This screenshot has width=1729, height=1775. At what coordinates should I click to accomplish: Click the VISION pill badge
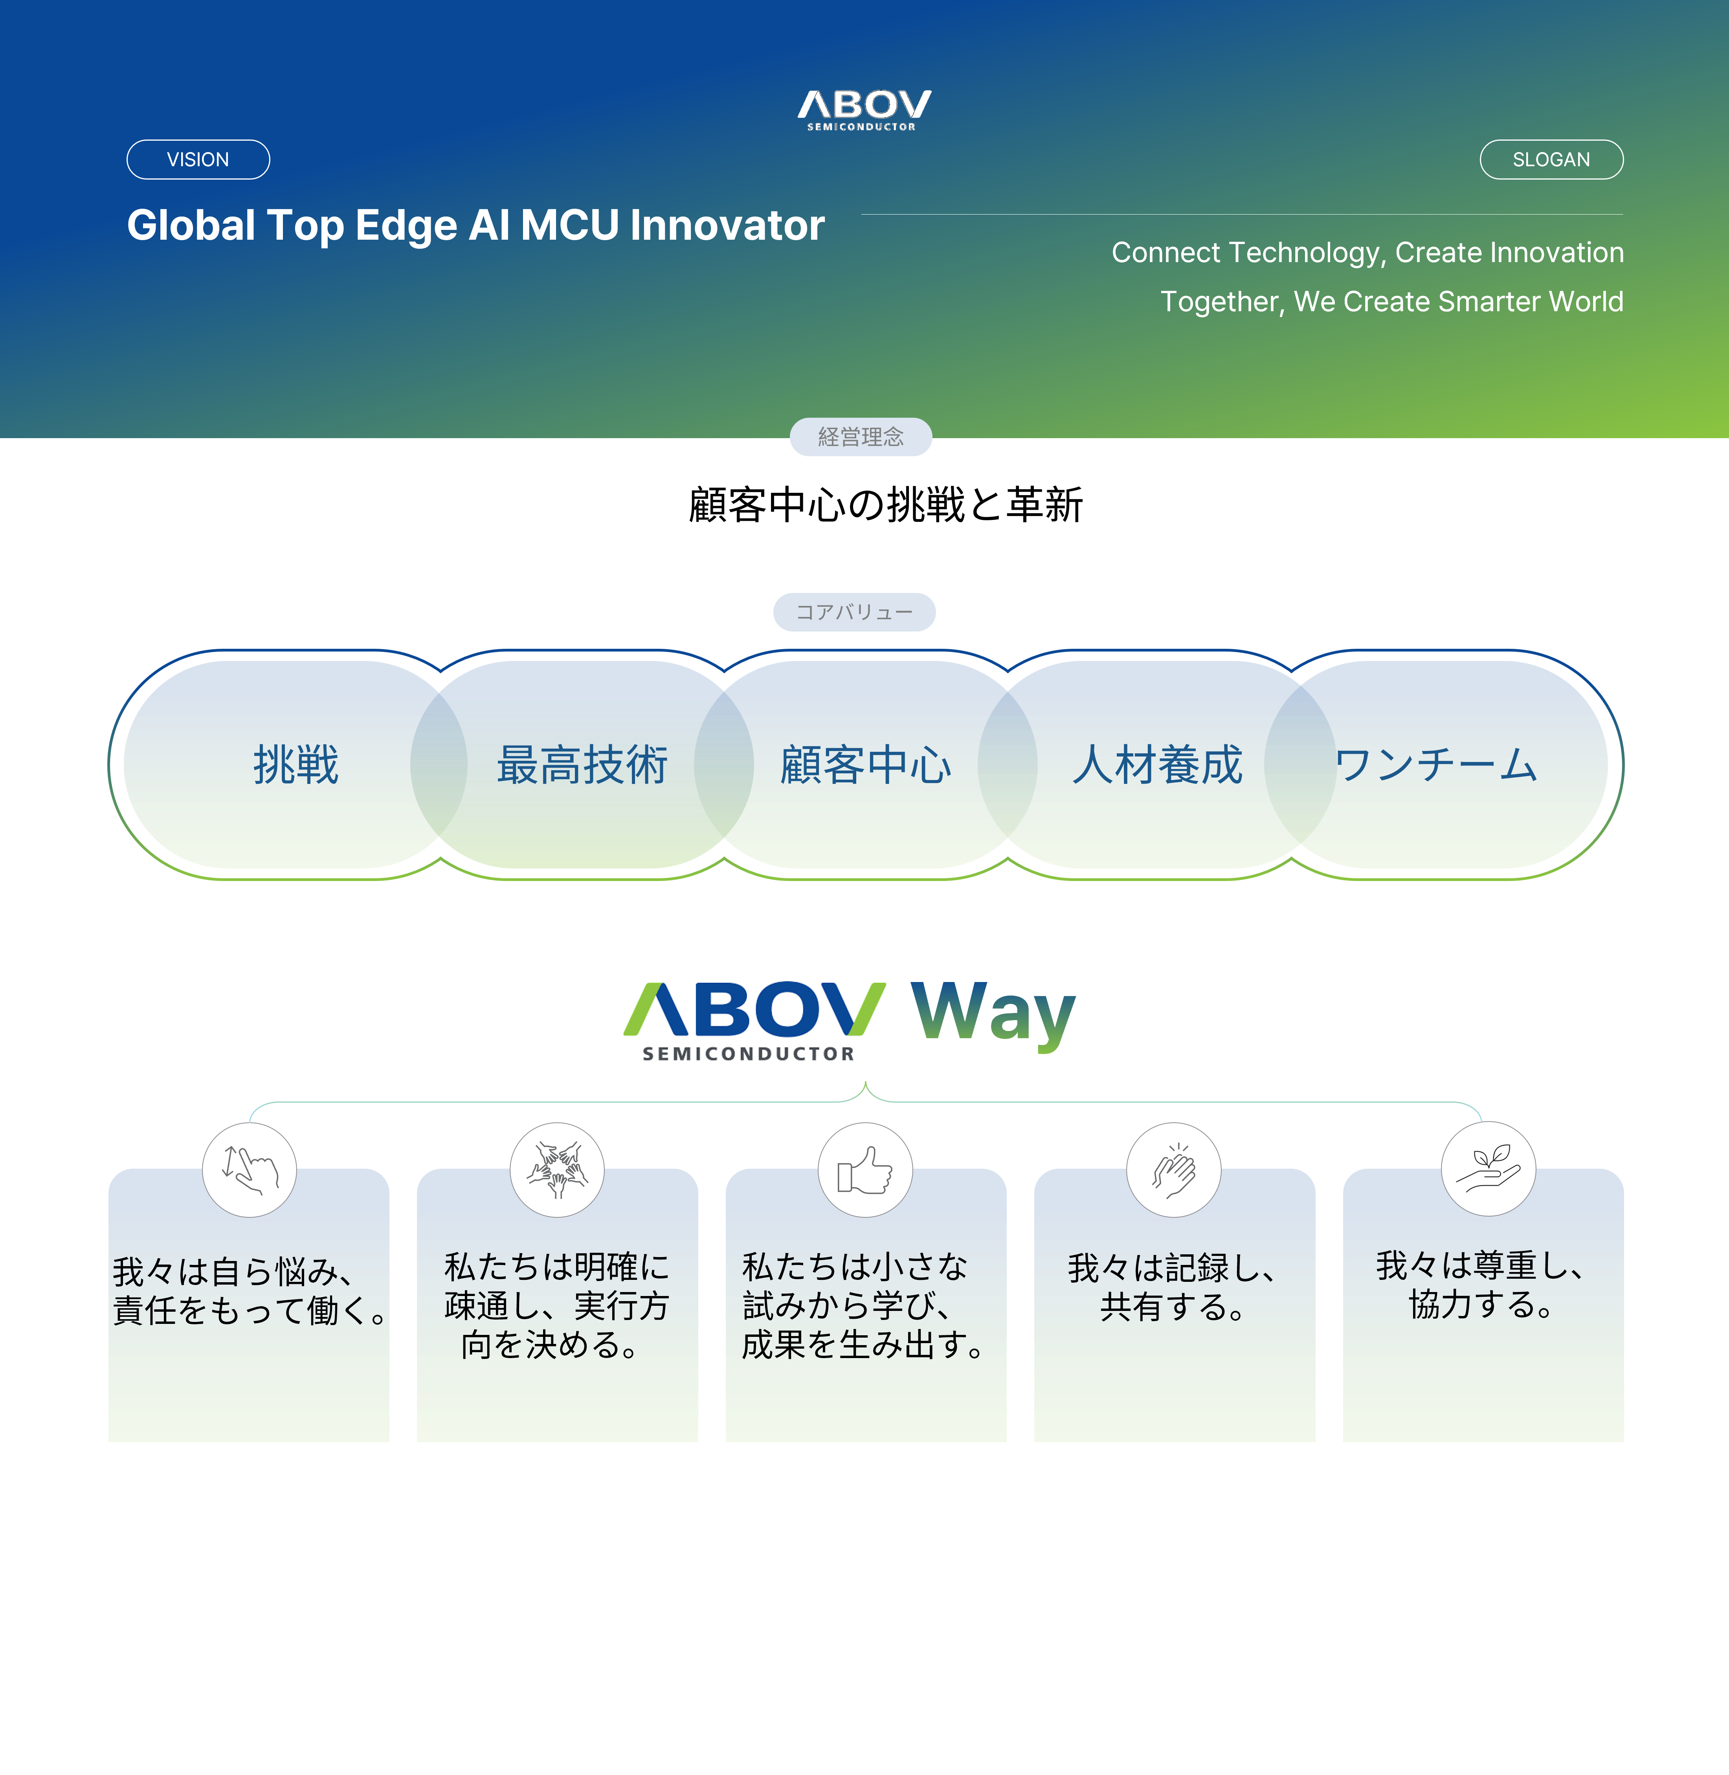pos(198,160)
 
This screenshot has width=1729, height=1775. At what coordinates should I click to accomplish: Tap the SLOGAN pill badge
pos(1551,160)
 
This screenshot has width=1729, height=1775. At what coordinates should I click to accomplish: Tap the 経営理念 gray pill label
pos(860,437)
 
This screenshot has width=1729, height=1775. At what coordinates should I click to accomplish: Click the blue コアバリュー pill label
pos(853,612)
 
